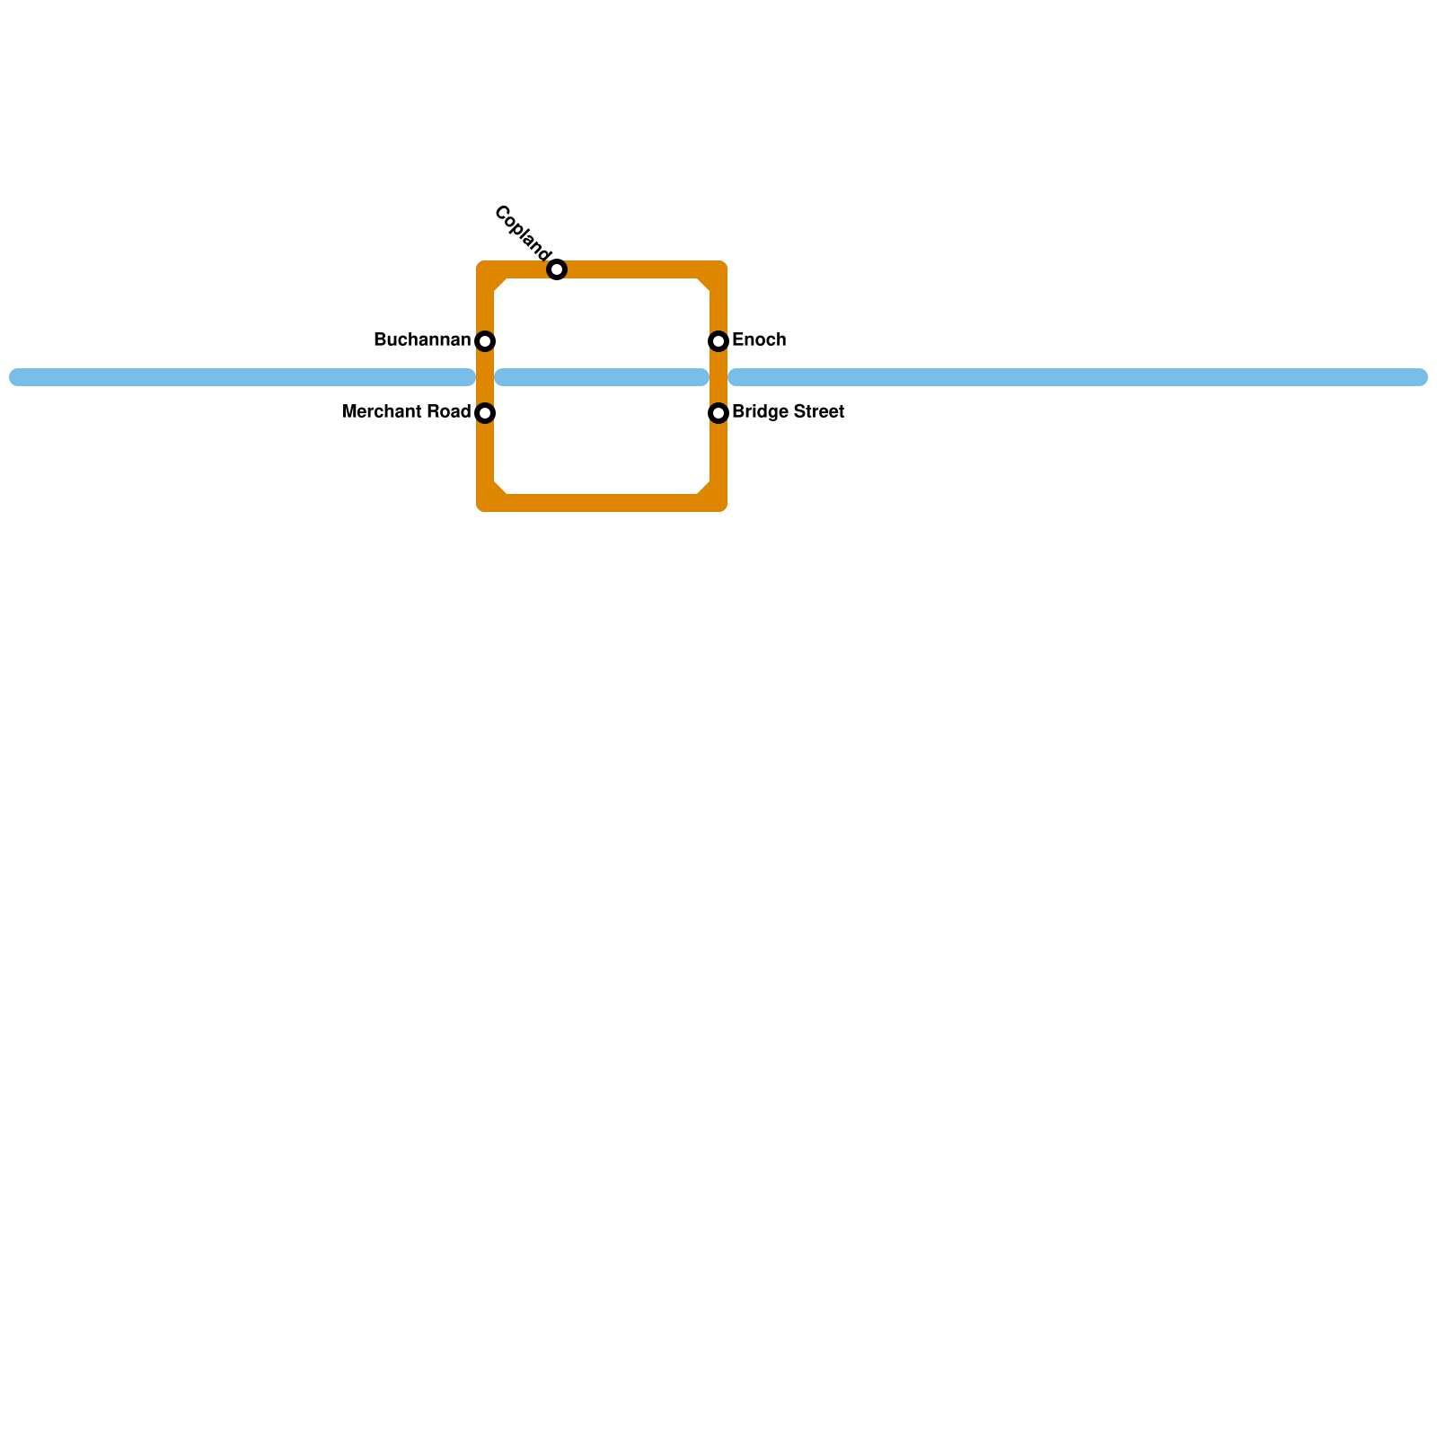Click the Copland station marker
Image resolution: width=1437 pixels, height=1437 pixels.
pyautogui.click(x=557, y=269)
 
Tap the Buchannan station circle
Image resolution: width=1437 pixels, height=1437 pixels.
pyautogui.click(x=485, y=341)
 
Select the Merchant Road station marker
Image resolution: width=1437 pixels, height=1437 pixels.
pyautogui.click(x=485, y=413)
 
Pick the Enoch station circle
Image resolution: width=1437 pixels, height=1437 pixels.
pyautogui.click(x=718, y=341)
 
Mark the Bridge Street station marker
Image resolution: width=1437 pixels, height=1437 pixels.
pyautogui.click(x=718, y=413)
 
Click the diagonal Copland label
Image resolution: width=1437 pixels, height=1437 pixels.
pyautogui.click(x=521, y=231)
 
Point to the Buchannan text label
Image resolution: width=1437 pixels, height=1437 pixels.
pyautogui.click(x=421, y=340)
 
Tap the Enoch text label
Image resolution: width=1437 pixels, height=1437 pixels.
pyautogui.click(x=759, y=340)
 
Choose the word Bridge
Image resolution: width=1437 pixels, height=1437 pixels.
pyautogui.click(x=756, y=412)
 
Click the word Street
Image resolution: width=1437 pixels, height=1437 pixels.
pyautogui.click(x=815, y=412)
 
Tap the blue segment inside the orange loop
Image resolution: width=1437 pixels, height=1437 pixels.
pyautogui.click(x=602, y=377)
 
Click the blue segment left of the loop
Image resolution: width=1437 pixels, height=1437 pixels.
pyautogui.click(x=242, y=377)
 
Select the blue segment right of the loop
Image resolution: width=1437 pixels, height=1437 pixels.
pyautogui.click(x=1078, y=377)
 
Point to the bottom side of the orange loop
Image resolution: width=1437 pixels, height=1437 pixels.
pyautogui.click(x=602, y=503)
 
